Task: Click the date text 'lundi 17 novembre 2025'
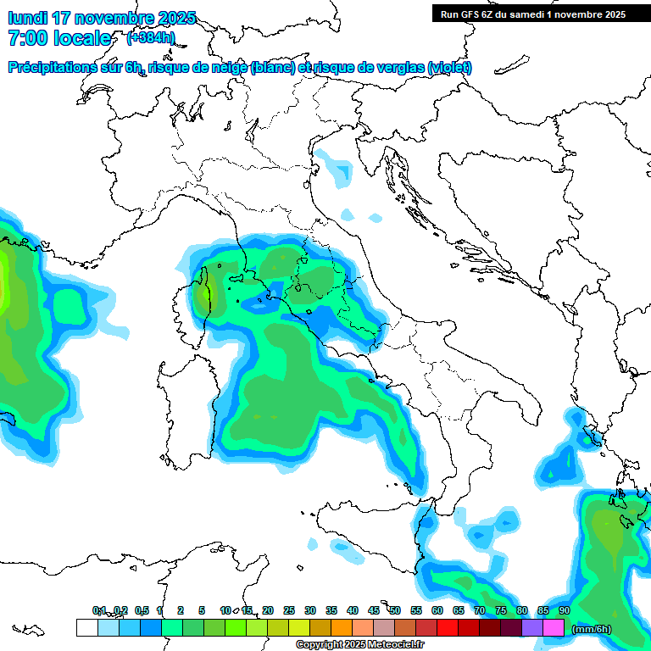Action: (x=102, y=18)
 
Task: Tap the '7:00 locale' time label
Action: (x=58, y=38)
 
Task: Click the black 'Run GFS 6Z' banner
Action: (x=532, y=14)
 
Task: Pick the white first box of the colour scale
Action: (x=86, y=627)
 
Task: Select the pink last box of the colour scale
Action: (x=554, y=627)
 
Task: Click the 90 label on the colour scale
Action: (x=565, y=610)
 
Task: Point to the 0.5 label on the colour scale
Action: (x=141, y=610)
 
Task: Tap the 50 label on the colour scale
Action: (x=395, y=610)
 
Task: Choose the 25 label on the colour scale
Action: (x=289, y=610)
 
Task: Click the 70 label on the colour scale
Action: (x=480, y=610)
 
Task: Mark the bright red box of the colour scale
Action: (x=448, y=627)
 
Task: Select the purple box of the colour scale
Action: (x=532, y=627)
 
